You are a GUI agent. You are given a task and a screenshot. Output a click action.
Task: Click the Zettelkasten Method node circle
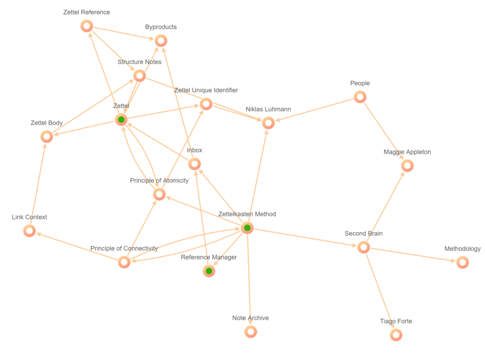247,228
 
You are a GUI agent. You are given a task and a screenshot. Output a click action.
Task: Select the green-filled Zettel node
121,120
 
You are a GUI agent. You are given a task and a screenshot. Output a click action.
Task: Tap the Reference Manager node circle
208,271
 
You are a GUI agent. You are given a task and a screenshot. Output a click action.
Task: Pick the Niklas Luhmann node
268,123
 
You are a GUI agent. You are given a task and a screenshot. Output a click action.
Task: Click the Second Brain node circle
363,247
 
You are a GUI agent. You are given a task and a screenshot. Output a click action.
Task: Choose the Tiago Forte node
396,335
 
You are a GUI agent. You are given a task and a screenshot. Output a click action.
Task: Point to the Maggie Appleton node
407,166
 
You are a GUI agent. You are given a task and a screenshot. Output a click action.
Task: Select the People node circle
360,97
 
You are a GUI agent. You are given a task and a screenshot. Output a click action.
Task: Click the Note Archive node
251,332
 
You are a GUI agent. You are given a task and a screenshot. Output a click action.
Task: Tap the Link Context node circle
29,231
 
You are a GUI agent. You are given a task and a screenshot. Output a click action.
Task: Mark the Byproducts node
161,41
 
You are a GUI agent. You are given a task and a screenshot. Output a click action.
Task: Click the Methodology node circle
462,262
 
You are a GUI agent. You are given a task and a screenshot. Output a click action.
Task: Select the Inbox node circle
194,164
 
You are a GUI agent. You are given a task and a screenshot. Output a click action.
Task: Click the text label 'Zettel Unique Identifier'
206,90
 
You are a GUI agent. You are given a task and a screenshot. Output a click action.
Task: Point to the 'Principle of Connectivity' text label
124,248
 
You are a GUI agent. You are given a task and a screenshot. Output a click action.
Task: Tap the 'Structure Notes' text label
139,62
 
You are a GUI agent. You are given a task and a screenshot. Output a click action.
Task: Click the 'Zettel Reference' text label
87,12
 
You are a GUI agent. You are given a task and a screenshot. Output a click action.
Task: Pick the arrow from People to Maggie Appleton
383,130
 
